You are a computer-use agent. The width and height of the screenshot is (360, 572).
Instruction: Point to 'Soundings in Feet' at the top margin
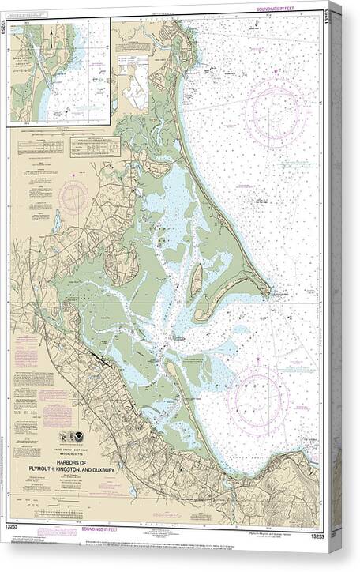[283, 7]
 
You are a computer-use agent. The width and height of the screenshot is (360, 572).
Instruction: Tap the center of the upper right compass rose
[275, 109]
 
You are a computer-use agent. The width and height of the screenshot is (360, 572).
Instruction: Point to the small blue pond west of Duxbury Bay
[56, 222]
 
